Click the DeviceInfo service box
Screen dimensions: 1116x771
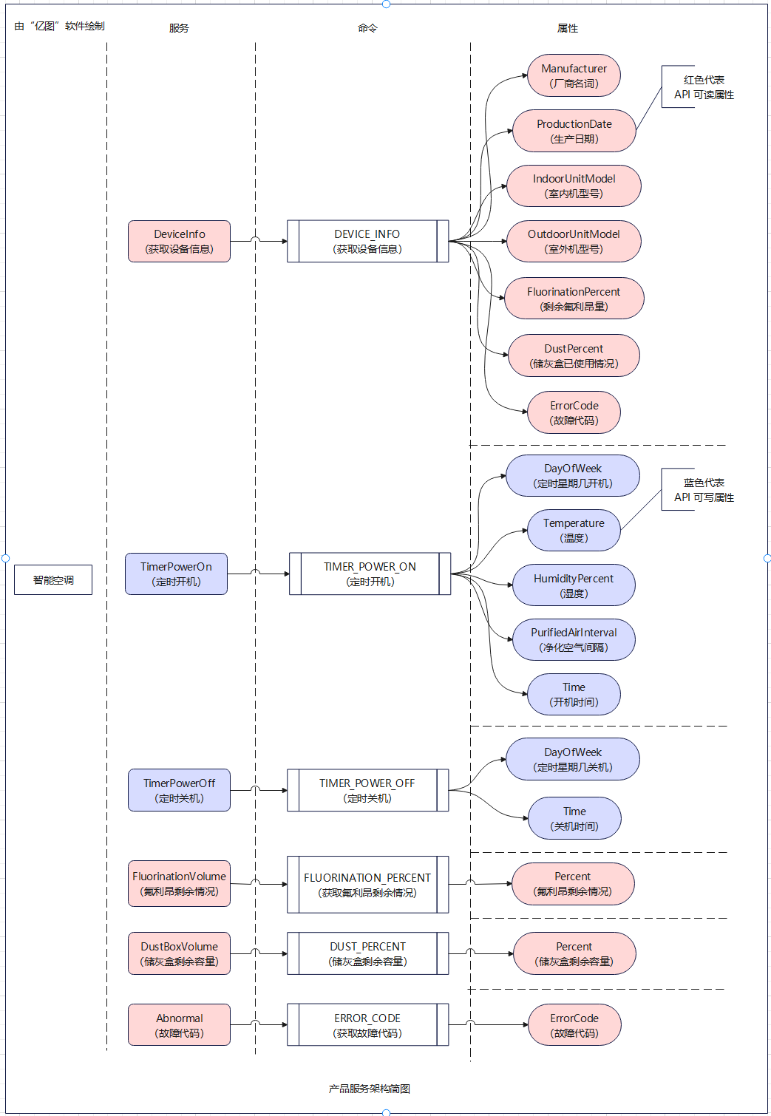pyautogui.click(x=179, y=241)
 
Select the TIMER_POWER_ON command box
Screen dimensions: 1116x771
pyautogui.click(x=370, y=574)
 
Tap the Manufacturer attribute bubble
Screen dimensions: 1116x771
pyautogui.click(x=574, y=75)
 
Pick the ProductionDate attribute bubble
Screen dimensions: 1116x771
pyautogui.click(x=574, y=131)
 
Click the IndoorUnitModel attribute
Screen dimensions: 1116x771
pyautogui.click(x=574, y=186)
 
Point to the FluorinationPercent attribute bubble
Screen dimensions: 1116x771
pyautogui.click(x=574, y=299)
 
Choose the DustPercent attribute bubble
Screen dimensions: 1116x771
pyautogui.click(x=574, y=355)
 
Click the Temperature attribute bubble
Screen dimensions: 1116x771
pyautogui.click(x=574, y=530)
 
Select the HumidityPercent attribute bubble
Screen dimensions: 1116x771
pyautogui.click(x=574, y=585)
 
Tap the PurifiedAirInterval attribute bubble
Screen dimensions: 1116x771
pyautogui.click(x=574, y=639)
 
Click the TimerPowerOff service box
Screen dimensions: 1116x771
pyautogui.click(x=179, y=790)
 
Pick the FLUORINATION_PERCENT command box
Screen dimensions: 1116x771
pyautogui.click(x=367, y=885)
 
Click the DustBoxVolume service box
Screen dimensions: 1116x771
pyautogui.click(x=179, y=953)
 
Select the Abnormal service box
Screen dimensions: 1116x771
pyautogui.click(x=179, y=1025)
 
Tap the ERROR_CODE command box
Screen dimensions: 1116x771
pyautogui.click(x=367, y=1025)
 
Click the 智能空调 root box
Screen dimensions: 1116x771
pyautogui.click(x=53, y=580)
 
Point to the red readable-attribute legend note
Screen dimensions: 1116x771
pyautogui.click(x=703, y=87)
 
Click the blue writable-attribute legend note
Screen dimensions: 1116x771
pyautogui.click(x=703, y=490)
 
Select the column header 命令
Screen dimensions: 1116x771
pyautogui.click(x=367, y=28)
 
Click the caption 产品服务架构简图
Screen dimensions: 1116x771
pyautogui.click(x=370, y=1089)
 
